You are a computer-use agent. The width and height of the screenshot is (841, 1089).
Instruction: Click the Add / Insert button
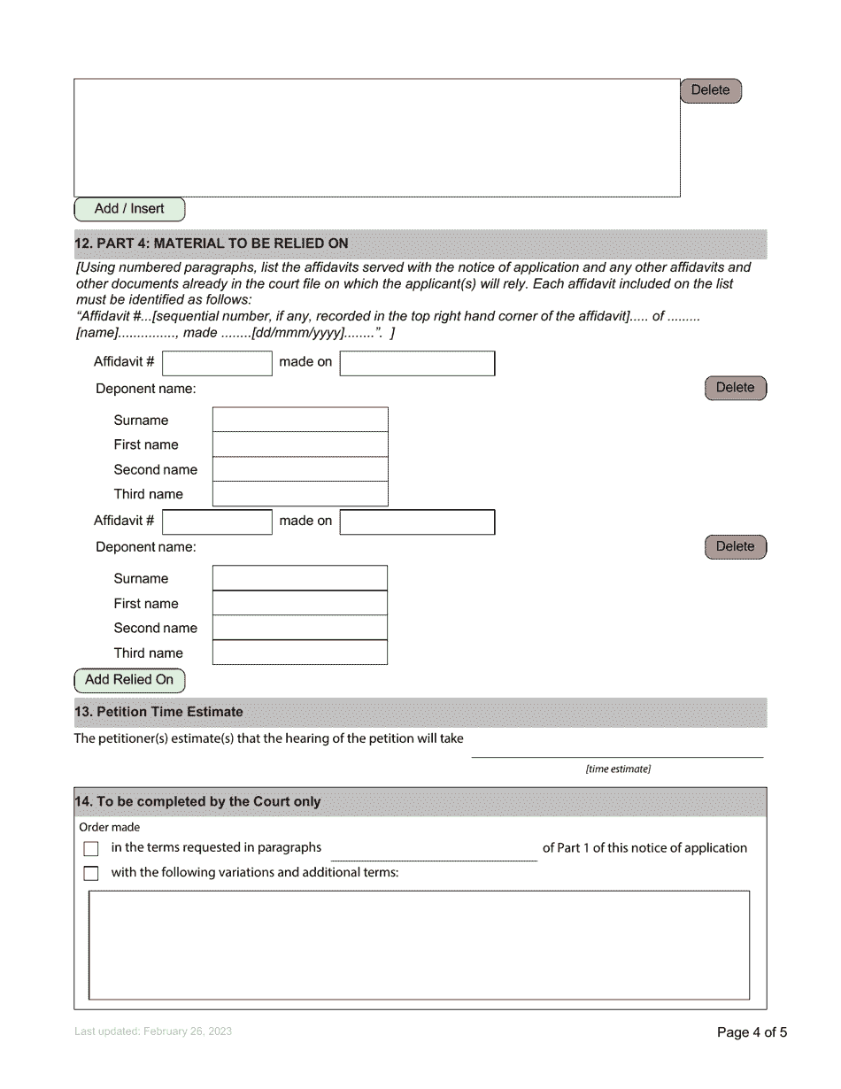(129, 209)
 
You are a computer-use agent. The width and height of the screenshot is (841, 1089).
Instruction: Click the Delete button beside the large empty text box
(710, 90)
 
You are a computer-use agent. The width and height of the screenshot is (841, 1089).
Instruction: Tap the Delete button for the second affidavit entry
(735, 547)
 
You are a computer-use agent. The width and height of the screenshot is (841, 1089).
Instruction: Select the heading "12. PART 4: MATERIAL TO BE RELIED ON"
(212, 243)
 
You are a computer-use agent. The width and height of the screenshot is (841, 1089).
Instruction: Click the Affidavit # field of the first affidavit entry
(217, 363)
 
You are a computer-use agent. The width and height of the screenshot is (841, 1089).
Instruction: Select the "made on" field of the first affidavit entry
(417, 363)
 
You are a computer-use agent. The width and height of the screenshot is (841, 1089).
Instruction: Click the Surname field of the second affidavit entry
(299, 578)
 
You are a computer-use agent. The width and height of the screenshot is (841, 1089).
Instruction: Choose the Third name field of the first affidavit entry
(300, 494)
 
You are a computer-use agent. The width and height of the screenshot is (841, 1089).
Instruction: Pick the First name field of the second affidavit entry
(299, 603)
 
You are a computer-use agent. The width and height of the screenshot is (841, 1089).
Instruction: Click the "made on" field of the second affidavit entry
(417, 522)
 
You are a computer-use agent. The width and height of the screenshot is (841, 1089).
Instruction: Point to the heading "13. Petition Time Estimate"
(159, 712)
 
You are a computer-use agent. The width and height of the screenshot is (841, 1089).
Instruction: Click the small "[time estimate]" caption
(617, 769)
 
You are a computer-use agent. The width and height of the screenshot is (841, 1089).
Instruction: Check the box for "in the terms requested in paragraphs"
(91, 849)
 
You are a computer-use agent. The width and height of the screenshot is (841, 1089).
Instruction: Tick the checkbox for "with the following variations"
(91, 874)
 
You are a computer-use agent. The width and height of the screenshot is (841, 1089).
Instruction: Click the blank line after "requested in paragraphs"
(433, 850)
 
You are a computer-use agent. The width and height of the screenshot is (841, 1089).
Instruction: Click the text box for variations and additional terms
(419, 945)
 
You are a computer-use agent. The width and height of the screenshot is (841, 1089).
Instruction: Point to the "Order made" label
(110, 828)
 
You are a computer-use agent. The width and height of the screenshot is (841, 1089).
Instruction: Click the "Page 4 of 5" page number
(751, 1032)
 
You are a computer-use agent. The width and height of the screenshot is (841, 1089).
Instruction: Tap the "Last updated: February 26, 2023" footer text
(153, 1031)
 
